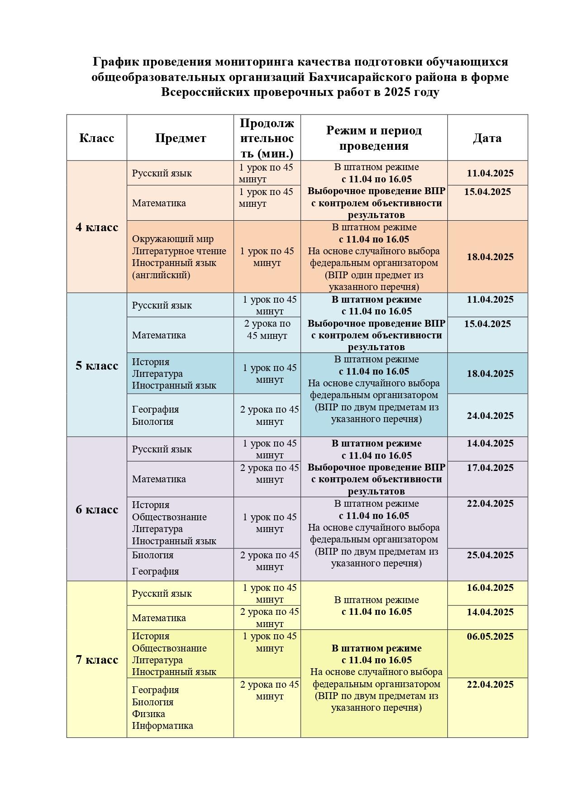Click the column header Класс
pos(96,138)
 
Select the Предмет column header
pos(180,138)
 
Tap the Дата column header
pos(487,138)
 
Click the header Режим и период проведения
pos(374,138)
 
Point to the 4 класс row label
pos(96,227)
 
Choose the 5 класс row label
pos(96,366)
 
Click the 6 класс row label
pos(96,509)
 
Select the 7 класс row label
pos(96,660)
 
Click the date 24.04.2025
pos(490,416)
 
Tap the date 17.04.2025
pos(490,468)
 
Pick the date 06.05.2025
pos(490,637)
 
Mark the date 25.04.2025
pos(490,555)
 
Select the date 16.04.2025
pos(490,588)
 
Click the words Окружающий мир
pos(173,239)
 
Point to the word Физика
pos(148,714)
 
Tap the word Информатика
pos(162,726)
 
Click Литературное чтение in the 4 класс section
pos(179,251)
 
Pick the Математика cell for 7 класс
pos(159,618)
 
